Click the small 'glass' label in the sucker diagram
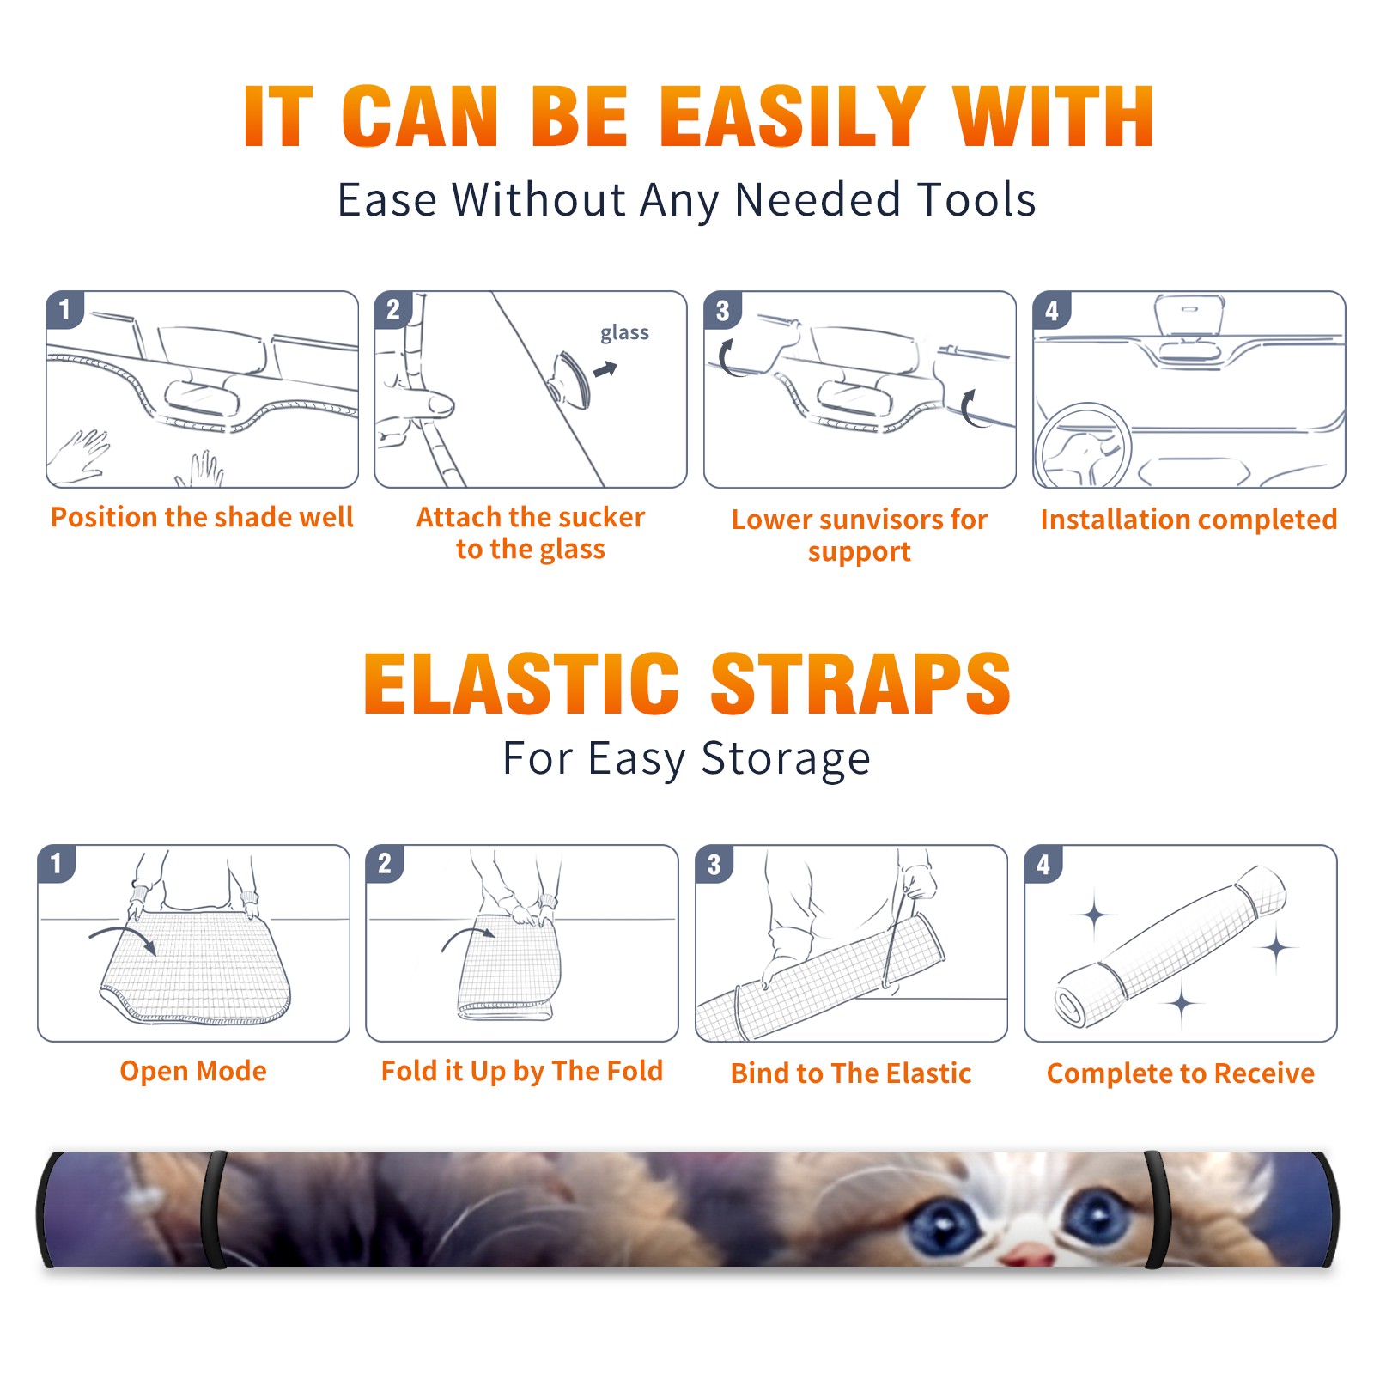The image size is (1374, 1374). (x=624, y=333)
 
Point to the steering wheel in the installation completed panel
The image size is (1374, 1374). (x=1083, y=447)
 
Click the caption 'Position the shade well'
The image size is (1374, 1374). (x=202, y=517)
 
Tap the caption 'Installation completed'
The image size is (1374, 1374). (x=1189, y=520)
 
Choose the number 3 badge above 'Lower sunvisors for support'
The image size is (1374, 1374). (x=722, y=310)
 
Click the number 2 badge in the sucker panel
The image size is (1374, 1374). (x=393, y=309)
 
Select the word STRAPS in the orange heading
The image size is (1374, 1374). (x=860, y=684)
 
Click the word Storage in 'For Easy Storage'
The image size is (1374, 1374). (x=786, y=759)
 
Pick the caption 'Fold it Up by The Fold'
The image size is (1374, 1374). (x=522, y=1072)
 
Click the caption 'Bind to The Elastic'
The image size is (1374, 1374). (x=851, y=1073)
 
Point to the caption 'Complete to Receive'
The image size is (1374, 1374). (x=1181, y=1073)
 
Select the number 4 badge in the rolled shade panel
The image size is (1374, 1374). (x=1043, y=864)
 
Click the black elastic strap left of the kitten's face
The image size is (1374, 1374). (x=214, y=1209)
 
